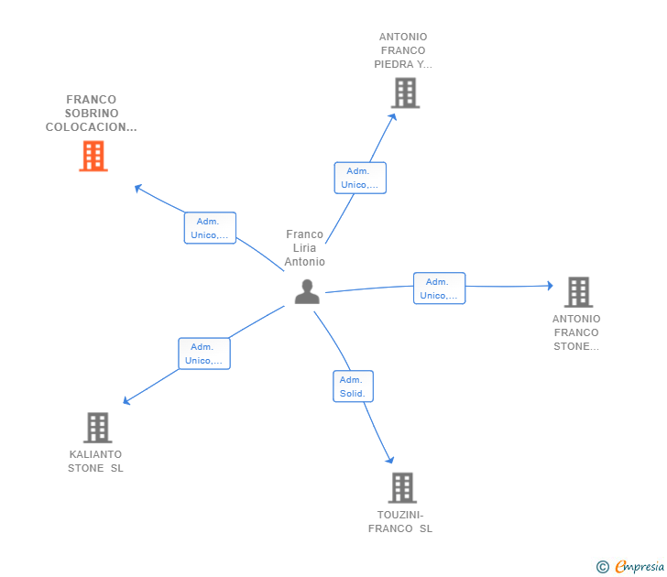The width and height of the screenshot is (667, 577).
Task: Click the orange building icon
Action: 93,157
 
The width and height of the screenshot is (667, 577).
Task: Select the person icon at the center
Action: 307,291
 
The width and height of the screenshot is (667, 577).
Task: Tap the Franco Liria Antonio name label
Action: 304,248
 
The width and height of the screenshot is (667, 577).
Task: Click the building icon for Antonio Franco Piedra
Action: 404,93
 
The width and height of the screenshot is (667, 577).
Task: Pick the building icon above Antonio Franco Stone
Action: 577,292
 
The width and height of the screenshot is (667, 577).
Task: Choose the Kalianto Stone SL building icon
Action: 97,427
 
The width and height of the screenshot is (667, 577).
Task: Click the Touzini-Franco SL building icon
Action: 401,487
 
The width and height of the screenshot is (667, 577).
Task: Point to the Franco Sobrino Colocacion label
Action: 92,114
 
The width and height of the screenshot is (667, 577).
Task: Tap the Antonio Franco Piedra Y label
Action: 402,51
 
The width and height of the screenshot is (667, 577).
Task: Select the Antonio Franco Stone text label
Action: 576,332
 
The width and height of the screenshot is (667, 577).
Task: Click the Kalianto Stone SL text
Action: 95,462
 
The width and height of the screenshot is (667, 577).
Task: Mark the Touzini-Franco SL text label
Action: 400,522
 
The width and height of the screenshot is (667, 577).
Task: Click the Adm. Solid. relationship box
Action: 353,386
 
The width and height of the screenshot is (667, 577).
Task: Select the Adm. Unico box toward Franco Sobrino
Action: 210,228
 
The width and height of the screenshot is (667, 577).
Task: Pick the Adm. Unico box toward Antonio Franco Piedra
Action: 360,178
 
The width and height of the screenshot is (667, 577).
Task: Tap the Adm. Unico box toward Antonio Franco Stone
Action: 439,288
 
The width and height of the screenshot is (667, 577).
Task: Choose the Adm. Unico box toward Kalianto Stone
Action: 203,354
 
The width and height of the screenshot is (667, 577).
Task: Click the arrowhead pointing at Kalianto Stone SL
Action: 126,401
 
